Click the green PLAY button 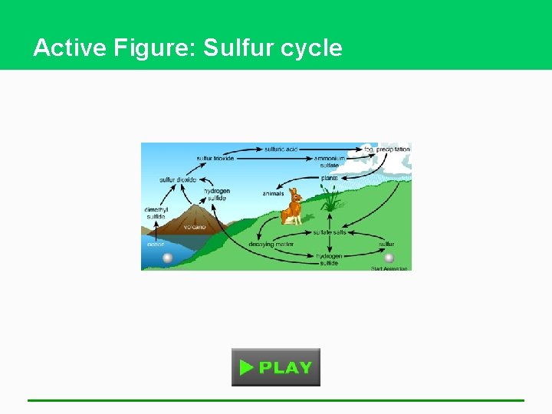(276, 367)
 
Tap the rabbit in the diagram (292, 206)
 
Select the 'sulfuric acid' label (281, 149)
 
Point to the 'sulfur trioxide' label (215, 159)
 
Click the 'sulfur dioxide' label (178, 180)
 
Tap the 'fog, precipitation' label (387, 149)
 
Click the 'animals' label (273, 194)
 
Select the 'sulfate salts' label (330, 232)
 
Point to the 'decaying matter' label (271, 245)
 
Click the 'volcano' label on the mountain (194, 227)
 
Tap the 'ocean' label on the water (156, 245)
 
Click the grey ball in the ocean (168, 258)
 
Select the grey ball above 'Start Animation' (389, 258)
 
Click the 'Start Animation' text (390, 268)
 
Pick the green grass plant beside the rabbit (330, 199)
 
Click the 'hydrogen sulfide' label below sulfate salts (329, 259)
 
